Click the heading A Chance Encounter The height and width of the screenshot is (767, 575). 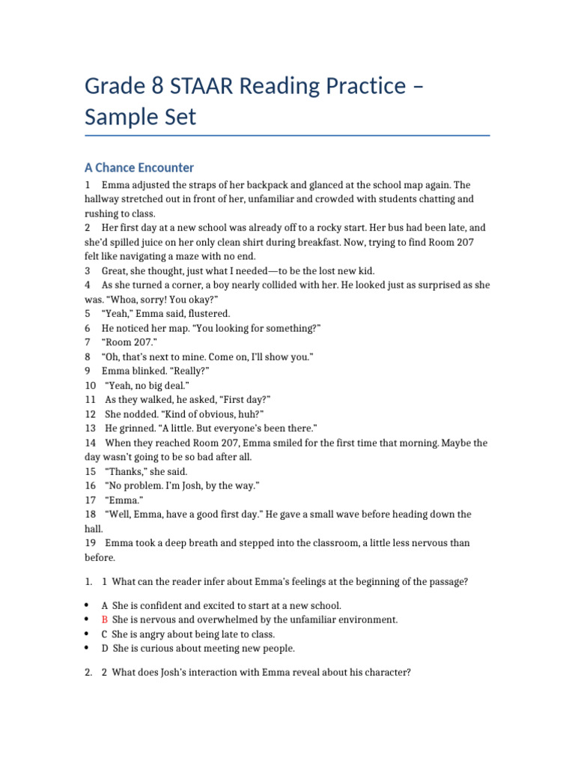pyautogui.click(x=139, y=168)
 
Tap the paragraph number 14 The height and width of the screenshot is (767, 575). pyautogui.click(x=90, y=443)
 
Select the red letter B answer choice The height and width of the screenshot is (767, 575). pyautogui.click(x=105, y=619)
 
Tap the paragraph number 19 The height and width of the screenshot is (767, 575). pyautogui.click(x=90, y=543)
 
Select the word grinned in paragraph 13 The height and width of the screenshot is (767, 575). pyautogui.click(x=135, y=428)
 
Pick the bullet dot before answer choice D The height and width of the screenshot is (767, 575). pyautogui.click(x=88, y=648)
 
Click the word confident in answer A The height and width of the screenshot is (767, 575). pyautogui.click(x=162, y=605)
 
